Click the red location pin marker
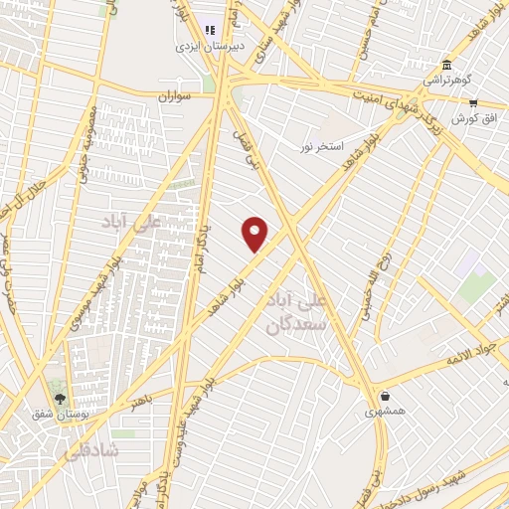[256, 234]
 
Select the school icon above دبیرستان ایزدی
[209, 29]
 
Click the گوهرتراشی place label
[446, 80]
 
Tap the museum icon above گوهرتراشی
[446, 65]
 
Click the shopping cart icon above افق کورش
[473, 102]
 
